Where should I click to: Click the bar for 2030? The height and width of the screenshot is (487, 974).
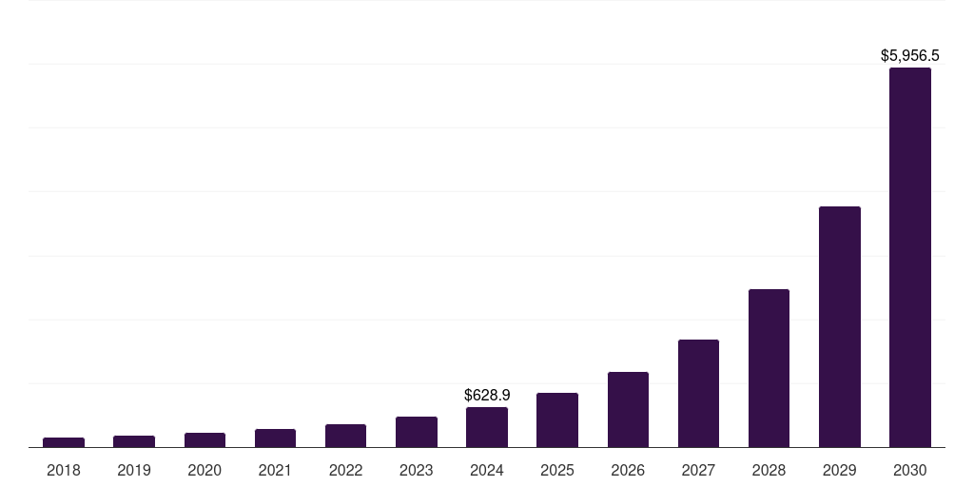coord(909,257)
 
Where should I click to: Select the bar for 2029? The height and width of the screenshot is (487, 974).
coord(839,326)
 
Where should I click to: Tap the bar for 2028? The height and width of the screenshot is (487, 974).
coord(769,368)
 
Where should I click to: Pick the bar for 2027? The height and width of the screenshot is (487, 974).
coord(698,393)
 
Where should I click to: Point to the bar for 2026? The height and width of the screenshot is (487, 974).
coord(628,409)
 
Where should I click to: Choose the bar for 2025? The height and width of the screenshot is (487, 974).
coord(557,419)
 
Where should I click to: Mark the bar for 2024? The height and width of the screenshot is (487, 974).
coord(487,427)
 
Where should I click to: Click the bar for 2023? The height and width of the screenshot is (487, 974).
coord(417,432)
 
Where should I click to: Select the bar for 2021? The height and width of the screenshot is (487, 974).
coord(275,438)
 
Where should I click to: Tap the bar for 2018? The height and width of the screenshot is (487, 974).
coord(64,442)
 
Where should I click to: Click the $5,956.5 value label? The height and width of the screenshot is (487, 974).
coord(910,56)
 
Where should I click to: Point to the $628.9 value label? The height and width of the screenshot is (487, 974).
coord(487,395)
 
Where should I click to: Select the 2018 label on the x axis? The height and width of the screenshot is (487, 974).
coord(64,470)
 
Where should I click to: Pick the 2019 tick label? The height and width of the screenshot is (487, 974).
coord(134,470)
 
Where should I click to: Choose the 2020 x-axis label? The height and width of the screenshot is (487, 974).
coord(205,470)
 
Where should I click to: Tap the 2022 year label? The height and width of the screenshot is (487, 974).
coord(345,470)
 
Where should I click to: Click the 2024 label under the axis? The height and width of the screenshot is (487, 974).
coord(487,470)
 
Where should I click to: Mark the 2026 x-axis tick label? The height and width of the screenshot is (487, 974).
coord(628,470)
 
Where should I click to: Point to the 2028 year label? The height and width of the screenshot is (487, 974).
coord(769,470)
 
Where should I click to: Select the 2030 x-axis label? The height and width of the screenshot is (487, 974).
coord(909,470)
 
